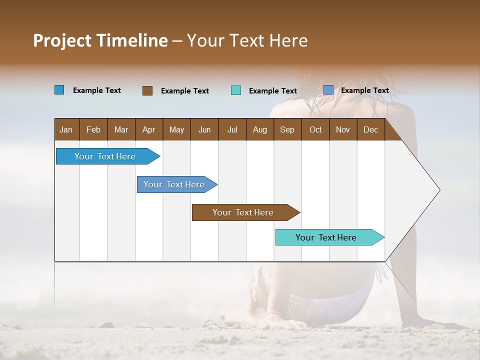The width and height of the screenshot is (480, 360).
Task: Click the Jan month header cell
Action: pos(66,129)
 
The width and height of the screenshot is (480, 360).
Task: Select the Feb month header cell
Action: pos(93,129)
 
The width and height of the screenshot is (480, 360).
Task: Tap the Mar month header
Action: pos(121,129)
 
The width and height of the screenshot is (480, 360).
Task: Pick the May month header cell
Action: pos(176,129)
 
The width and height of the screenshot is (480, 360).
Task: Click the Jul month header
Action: pos(232,129)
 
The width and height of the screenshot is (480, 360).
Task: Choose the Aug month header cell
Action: pos(259,129)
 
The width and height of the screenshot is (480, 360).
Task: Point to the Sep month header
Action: pos(287,129)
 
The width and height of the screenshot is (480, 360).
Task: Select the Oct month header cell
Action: pos(315,129)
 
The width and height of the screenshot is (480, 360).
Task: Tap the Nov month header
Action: pos(343,129)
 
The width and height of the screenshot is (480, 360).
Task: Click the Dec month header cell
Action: pos(371,129)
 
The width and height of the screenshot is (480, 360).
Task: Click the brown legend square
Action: pos(147,90)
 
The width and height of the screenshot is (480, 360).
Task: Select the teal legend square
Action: pos(236,90)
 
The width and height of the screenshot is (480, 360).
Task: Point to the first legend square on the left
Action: pos(59,90)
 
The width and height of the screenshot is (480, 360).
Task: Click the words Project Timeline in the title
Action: pos(100,40)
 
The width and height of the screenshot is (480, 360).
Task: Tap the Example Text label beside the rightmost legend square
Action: pos(364,90)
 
